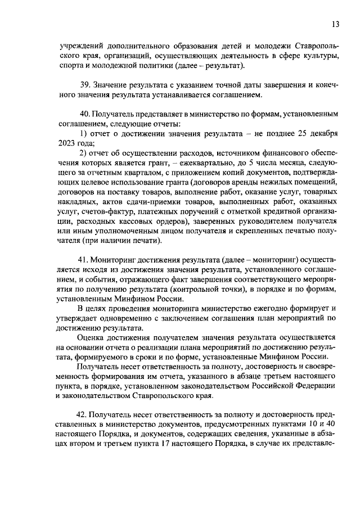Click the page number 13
point(335,24)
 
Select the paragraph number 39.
point(87,84)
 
